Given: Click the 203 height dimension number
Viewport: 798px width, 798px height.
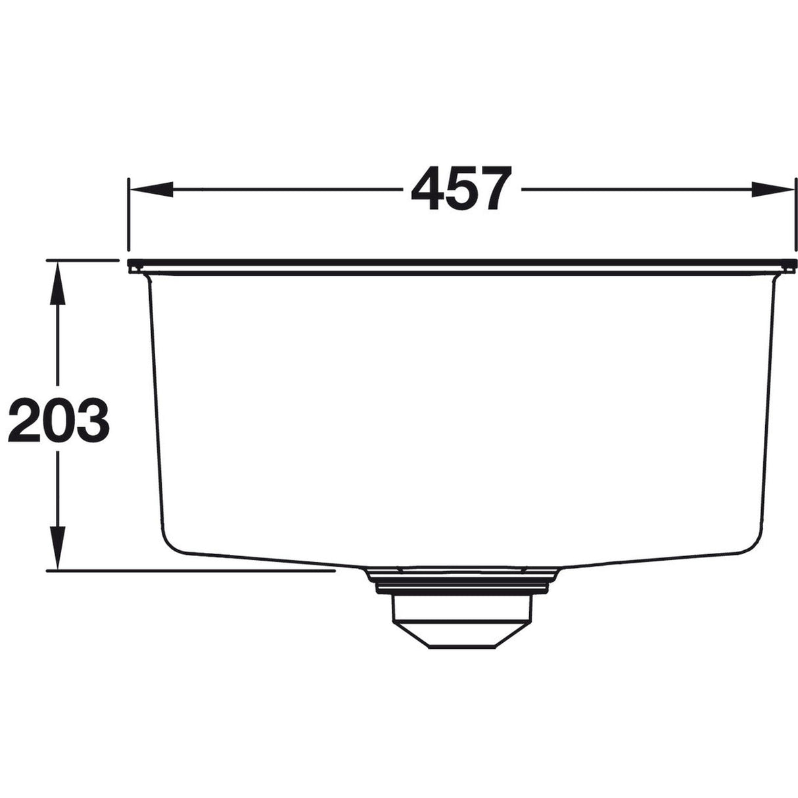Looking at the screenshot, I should pyautogui.click(x=58, y=419).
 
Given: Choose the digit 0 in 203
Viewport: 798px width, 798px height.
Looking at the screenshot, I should pyautogui.click(x=58, y=419).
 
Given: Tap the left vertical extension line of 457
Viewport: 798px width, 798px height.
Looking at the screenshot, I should pyautogui.click(x=129, y=217).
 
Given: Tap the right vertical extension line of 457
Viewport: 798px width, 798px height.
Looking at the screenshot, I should pyautogui.click(x=793, y=217).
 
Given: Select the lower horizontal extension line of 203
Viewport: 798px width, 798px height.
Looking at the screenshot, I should pyautogui.click(x=197, y=571).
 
